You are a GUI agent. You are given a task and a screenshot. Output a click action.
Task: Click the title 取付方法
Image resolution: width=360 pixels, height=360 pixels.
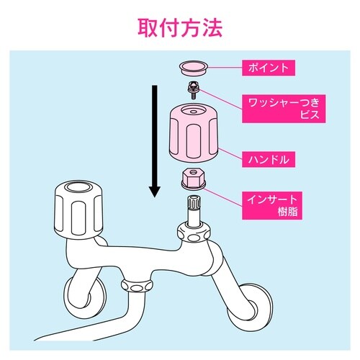click(x=180, y=27)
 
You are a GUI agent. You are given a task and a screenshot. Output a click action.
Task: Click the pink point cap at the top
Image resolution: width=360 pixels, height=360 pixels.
click(x=193, y=68)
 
